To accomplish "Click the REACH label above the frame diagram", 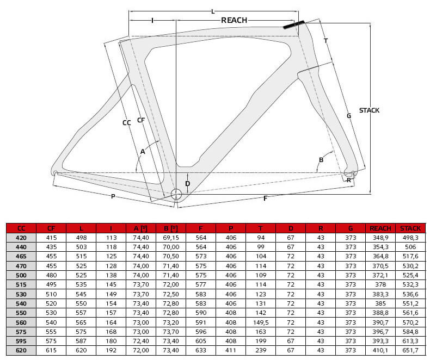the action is point(234,20).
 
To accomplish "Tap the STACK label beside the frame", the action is point(369,110).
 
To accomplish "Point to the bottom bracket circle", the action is point(176,194).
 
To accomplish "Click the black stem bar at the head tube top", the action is point(294,24).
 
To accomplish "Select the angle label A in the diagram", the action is point(143,152).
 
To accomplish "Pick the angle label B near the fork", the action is point(321,160).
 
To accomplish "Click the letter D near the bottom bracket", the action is point(188,184).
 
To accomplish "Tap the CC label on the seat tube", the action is point(126,123).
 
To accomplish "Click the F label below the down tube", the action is point(265,198).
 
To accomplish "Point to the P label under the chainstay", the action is point(113,196).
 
